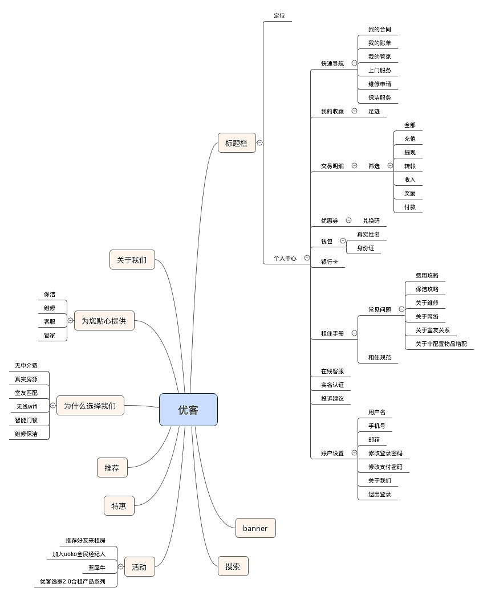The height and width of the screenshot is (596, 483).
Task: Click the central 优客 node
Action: tap(188, 410)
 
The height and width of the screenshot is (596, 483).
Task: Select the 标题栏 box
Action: tap(237, 143)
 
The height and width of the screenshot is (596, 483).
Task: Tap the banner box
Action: tap(255, 528)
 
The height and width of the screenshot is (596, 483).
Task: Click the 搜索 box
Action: tap(233, 566)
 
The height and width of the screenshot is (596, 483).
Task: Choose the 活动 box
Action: tap(139, 567)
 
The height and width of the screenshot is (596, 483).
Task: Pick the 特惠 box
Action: tap(119, 505)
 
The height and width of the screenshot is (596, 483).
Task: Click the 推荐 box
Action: tap(112, 468)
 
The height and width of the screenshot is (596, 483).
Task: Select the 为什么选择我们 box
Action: tap(90, 406)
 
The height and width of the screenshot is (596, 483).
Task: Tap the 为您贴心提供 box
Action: tap(104, 321)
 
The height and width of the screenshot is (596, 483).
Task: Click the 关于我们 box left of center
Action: tap(132, 260)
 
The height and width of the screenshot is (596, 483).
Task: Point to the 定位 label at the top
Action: tap(279, 15)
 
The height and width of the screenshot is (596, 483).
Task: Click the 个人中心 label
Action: tap(285, 258)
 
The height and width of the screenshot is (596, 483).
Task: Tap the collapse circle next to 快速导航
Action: tap(354, 63)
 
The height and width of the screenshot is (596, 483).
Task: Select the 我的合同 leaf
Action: tap(379, 30)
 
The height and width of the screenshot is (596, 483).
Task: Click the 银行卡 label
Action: tap(329, 262)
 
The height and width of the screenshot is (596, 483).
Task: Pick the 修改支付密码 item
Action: tap(385, 467)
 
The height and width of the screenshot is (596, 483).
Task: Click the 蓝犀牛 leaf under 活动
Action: tap(96, 568)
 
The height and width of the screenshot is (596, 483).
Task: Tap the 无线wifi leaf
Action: tap(26, 406)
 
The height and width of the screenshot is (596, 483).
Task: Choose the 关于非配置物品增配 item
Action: tap(441, 344)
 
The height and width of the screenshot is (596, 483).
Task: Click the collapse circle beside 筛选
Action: tap(390, 166)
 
